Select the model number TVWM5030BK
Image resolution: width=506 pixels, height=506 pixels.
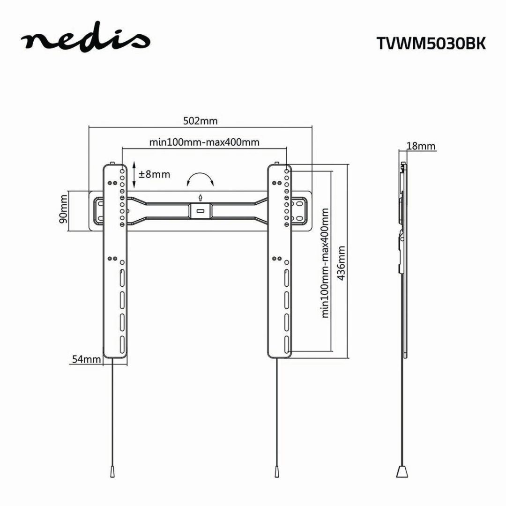pyautogui.click(x=431, y=43)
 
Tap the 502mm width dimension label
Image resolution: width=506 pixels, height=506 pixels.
pyautogui.click(x=200, y=120)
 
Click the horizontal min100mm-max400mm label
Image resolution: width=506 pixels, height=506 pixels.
pyautogui.click(x=204, y=141)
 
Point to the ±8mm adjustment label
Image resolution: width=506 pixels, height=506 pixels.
pyautogui.click(x=154, y=174)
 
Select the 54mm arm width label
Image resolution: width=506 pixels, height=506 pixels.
pyautogui.click(x=86, y=359)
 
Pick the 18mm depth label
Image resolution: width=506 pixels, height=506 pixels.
pyautogui.click(x=421, y=146)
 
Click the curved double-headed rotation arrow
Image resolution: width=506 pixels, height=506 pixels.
pyautogui.click(x=200, y=179)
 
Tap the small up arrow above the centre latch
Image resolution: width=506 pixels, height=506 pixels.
pyautogui.click(x=200, y=197)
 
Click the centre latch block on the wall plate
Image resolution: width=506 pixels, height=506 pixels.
pyautogui.click(x=200, y=210)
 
